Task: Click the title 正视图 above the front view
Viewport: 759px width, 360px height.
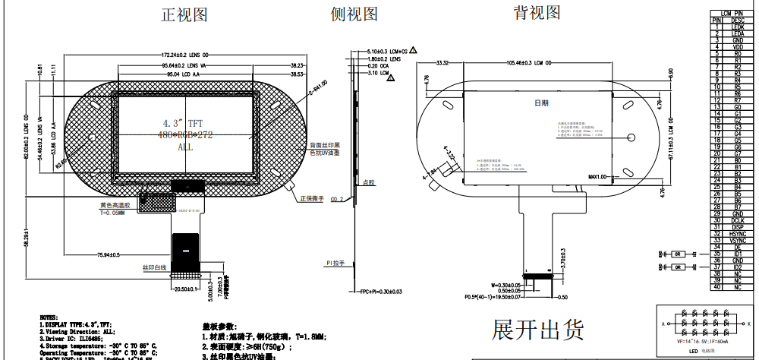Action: coord(184,16)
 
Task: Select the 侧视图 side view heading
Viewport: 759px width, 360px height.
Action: coord(354,14)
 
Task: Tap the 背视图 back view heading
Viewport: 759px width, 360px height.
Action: coord(537,13)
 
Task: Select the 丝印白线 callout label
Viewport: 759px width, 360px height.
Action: coord(154,268)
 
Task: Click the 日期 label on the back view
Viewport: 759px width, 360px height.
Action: coord(541,103)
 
